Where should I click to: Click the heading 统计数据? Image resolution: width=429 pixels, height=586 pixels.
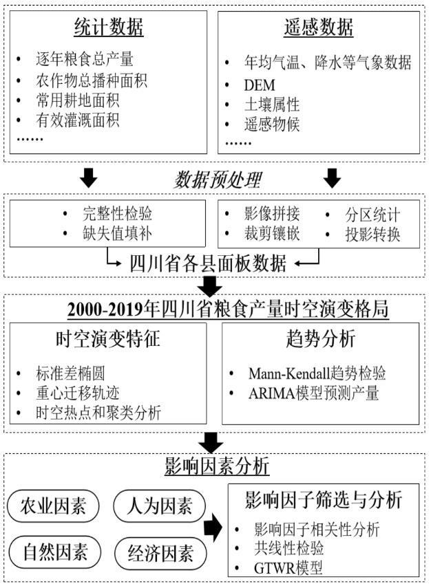point(109,28)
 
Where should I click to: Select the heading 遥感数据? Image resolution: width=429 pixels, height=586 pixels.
point(318,28)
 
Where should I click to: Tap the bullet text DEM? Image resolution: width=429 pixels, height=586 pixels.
point(260,85)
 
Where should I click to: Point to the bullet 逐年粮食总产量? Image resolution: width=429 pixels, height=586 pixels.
point(85,59)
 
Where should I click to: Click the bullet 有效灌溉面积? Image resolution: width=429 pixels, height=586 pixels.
point(78,120)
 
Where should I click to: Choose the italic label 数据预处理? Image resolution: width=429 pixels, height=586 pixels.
point(217,180)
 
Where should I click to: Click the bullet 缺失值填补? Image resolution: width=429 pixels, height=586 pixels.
point(118,234)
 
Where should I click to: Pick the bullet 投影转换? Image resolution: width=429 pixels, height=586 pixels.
point(373,235)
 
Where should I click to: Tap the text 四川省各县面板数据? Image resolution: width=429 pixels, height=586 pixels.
point(208,263)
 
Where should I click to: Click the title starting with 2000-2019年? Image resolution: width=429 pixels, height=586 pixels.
point(228,310)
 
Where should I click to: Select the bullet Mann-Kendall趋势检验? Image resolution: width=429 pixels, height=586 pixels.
point(317,373)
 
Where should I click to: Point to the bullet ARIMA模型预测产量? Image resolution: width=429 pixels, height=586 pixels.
point(314,393)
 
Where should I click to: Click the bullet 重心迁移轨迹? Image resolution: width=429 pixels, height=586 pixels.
point(78,393)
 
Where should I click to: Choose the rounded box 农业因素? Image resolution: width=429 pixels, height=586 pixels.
point(53,506)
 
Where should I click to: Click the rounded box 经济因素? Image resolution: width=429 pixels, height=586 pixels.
point(160,553)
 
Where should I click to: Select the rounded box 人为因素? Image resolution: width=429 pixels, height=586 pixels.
point(159,506)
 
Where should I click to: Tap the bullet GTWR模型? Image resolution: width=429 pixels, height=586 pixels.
point(288,568)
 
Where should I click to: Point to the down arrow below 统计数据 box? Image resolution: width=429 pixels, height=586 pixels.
point(89,178)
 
